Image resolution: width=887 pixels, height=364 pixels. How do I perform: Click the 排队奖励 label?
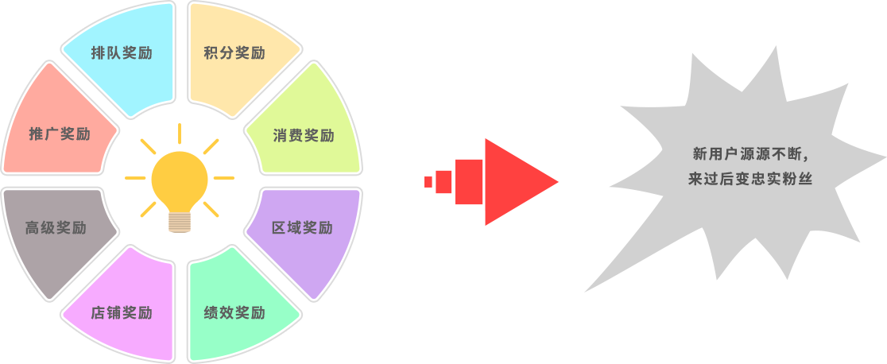(122, 53)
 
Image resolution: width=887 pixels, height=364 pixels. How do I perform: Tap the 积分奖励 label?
(234, 53)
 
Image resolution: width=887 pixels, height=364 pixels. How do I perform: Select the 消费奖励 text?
(304, 135)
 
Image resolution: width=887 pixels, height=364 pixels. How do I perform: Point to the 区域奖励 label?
(302, 228)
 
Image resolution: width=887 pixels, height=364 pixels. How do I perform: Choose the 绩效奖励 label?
(234, 312)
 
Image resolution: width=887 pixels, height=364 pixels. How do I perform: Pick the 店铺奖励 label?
(122, 312)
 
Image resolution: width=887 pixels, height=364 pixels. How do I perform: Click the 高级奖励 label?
(56, 228)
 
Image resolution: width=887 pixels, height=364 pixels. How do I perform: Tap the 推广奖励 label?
(60, 134)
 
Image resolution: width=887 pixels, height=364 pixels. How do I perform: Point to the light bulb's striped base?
(180, 222)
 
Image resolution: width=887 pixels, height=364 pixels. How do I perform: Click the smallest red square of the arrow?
(428, 182)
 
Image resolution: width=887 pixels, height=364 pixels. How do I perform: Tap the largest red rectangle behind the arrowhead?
(469, 182)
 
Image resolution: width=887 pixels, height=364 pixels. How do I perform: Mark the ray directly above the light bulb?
(180, 133)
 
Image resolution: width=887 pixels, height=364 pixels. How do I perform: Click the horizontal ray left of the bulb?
(135, 178)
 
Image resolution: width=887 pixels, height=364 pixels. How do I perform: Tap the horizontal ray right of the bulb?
(224, 178)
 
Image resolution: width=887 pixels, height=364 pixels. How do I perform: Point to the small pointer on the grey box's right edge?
(883, 158)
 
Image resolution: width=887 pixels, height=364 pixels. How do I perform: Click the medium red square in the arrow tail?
(444, 182)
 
